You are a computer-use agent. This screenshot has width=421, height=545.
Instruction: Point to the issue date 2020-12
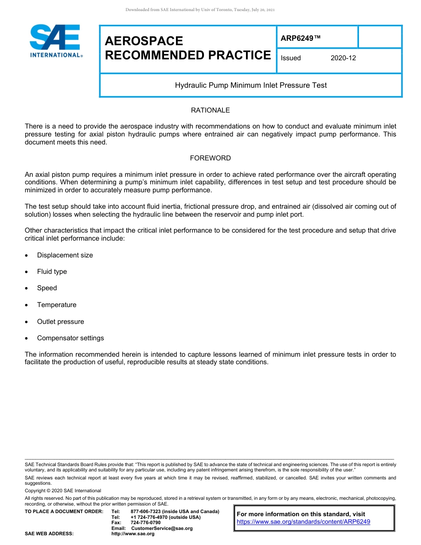tap(343, 58)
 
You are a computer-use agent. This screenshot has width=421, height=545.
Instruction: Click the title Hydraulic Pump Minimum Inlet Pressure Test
tap(251, 85)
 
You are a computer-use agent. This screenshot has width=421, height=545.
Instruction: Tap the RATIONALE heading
tap(210, 110)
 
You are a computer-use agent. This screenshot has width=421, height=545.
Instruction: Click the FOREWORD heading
tap(210, 158)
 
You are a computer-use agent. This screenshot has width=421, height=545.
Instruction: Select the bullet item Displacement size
tap(65, 255)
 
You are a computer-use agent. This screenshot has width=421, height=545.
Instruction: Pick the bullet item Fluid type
tap(52, 272)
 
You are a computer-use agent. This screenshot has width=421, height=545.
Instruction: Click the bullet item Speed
tap(47, 288)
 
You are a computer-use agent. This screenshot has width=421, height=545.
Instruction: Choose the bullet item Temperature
tap(57, 305)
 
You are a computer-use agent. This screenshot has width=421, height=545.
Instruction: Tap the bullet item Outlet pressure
tap(60, 322)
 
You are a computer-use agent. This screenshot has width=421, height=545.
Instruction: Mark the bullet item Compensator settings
tap(70, 338)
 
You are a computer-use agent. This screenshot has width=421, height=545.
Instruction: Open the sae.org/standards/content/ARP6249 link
tap(303, 522)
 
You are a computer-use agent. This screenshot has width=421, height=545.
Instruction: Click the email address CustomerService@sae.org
tap(162, 528)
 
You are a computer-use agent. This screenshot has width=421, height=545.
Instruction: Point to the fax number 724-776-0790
tap(145, 523)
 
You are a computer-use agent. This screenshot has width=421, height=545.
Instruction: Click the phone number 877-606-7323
tap(146, 512)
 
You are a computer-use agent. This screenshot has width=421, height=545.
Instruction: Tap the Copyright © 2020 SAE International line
tap(63, 490)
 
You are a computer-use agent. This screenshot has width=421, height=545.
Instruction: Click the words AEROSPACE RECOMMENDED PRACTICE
tap(187, 48)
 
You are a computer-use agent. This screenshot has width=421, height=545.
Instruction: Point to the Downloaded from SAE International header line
tap(200, 10)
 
